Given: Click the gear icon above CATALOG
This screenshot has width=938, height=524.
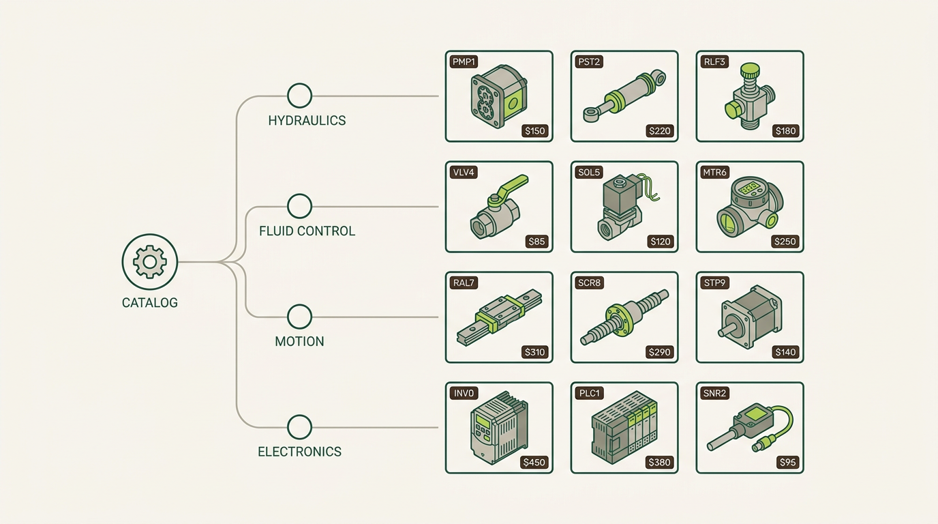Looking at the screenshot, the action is tap(150, 261).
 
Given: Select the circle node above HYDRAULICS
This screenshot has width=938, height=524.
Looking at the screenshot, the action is tap(299, 96).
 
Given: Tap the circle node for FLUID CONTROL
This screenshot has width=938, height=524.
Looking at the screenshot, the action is tap(299, 206).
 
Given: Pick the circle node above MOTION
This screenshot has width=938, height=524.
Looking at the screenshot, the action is tap(299, 317).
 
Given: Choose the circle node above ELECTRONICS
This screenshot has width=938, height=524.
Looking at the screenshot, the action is tap(299, 427).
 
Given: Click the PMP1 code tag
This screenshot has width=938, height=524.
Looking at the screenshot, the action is tap(464, 62).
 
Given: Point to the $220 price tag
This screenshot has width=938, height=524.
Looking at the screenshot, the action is tap(660, 131).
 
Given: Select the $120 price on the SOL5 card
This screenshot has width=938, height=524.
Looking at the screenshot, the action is tap(661, 242).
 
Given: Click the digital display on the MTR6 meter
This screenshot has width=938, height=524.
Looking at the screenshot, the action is tap(750, 188).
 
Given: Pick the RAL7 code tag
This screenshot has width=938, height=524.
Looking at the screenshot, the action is tap(464, 283).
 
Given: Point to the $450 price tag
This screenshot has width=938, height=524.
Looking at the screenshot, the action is tap(534, 463).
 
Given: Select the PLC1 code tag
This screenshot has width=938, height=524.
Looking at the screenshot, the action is tap(590, 393).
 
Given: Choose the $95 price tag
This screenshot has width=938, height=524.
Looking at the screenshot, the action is tap(787, 463).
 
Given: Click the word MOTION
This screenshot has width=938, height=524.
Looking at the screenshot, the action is tap(299, 341).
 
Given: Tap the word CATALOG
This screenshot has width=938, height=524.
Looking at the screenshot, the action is tap(150, 303).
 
